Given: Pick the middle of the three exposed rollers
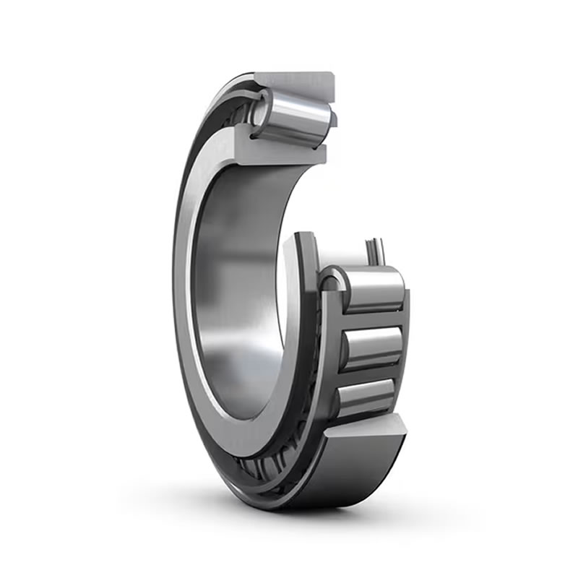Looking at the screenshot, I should tap(373, 346).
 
